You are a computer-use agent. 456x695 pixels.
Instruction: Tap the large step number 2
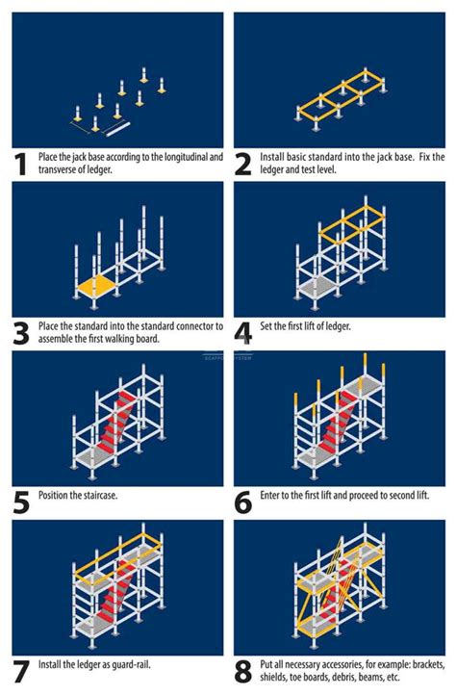click(x=244, y=164)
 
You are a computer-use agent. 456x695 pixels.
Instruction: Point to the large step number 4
click(x=244, y=332)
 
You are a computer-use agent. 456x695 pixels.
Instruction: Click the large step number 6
click(x=244, y=502)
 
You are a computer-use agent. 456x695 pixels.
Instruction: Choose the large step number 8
click(x=244, y=670)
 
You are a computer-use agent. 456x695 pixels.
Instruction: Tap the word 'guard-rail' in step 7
click(x=131, y=664)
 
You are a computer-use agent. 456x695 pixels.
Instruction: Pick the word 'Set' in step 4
click(x=266, y=326)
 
